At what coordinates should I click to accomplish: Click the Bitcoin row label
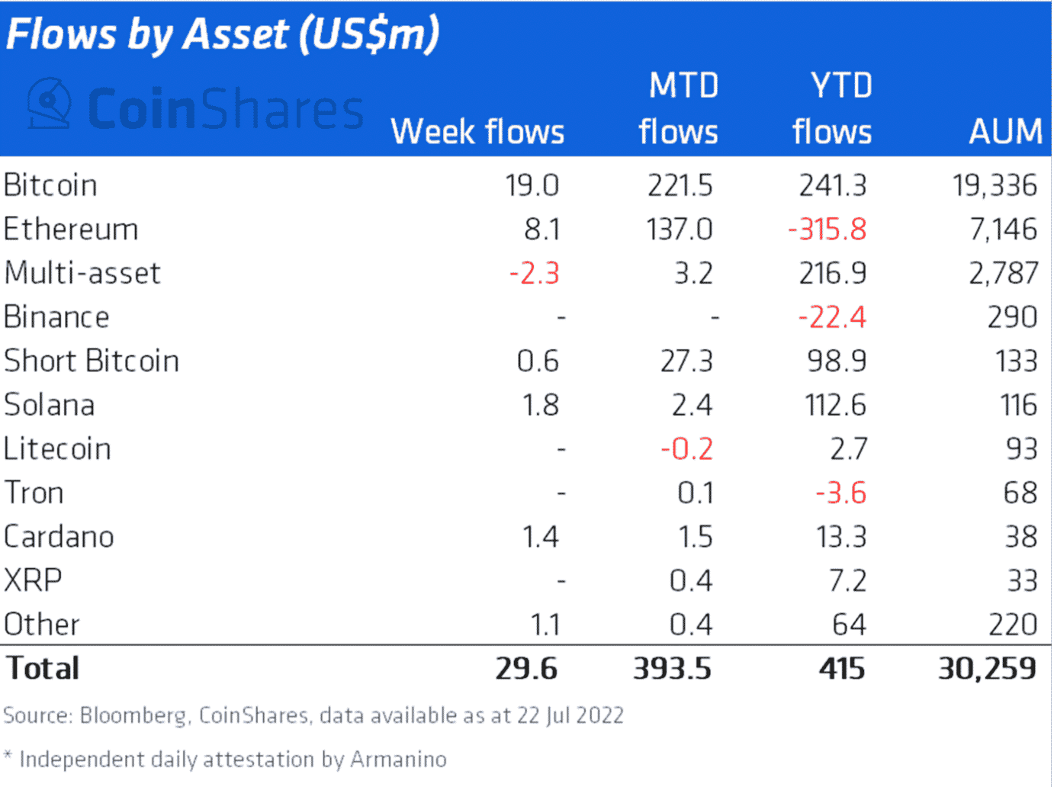(50, 185)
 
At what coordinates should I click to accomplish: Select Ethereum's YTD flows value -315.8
(827, 230)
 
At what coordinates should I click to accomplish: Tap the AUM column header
(1005, 132)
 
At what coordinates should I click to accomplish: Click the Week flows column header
(477, 132)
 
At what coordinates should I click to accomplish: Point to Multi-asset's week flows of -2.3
(535, 274)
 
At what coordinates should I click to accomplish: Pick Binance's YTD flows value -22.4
(832, 317)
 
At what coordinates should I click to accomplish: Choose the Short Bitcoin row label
(92, 361)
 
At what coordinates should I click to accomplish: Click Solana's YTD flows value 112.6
(836, 405)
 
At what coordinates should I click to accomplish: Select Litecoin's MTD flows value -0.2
(687, 449)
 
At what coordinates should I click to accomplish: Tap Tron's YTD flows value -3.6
(841, 493)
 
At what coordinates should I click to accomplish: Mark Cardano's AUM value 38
(1020, 537)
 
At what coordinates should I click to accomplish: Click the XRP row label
(33, 581)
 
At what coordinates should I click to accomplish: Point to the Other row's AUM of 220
(1013, 625)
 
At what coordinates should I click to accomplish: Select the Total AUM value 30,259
(987, 669)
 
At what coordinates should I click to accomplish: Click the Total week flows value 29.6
(526, 669)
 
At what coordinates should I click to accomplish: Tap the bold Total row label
(43, 669)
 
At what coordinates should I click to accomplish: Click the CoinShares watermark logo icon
(49, 104)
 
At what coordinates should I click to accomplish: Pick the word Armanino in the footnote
(398, 760)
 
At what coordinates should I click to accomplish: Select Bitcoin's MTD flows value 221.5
(680, 185)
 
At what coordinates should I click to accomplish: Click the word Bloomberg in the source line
(133, 716)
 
